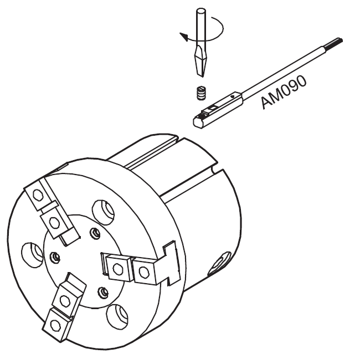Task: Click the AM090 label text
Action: pyautogui.click(x=284, y=92)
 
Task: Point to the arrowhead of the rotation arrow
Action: pyautogui.click(x=183, y=37)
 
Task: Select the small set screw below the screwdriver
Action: pyautogui.click(x=202, y=93)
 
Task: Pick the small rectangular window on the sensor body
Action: pyautogui.click(x=212, y=107)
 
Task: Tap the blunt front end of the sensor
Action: pyautogui.click(x=197, y=122)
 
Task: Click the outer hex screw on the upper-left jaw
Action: pyautogui.click(x=38, y=194)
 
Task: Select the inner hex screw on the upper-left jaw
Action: pyautogui.click(x=55, y=223)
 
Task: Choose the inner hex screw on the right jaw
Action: pyautogui.click(x=118, y=269)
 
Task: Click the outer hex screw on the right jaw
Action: pyautogui.click(x=143, y=272)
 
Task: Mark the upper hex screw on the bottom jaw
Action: pyautogui.click(x=65, y=301)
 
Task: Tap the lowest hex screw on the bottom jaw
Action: pyautogui.click(x=55, y=325)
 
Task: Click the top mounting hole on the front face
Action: pyautogui.click(x=103, y=212)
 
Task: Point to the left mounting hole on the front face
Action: pyautogui.click(x=32, y=255)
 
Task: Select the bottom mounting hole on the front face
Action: pyautogui.click(x=117, y=317)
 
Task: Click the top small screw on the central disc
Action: pyautogui.click(x=95, y=233)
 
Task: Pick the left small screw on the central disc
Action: pyautogui.click(x=55, y=258)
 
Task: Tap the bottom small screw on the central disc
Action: pyautogui.click(x=103, y=293)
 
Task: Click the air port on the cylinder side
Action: pyautogui.click(x=219, y=263)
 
